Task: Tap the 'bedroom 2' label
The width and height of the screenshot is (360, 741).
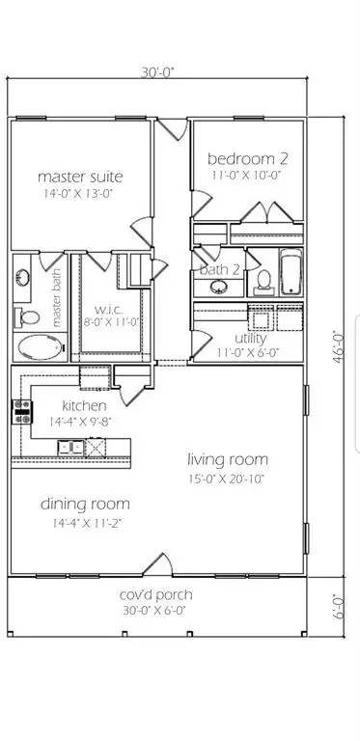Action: point(247,157)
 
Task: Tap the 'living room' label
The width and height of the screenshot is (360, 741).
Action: point(228,459)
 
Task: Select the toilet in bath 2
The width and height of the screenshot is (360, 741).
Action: point(263,280)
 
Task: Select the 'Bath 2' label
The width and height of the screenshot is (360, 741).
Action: point(219,270)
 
